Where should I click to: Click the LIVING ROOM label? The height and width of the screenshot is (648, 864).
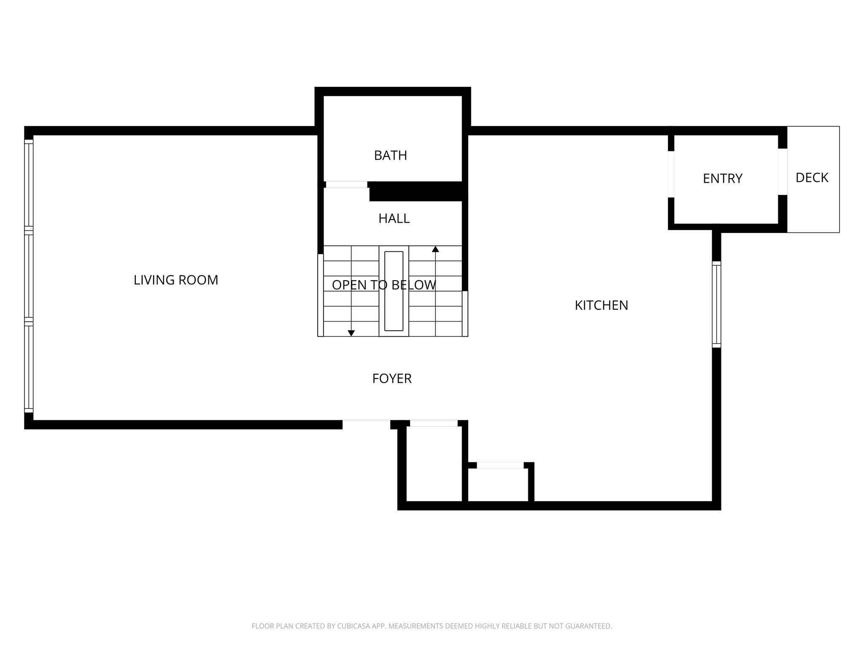tap(176, 280)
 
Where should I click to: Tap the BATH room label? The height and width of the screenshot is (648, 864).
tap(390, 156)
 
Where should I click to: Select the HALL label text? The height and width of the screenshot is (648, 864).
tap(394, 219)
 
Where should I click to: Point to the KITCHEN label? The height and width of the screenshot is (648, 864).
tap(601, 305)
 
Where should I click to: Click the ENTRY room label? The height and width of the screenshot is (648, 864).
tap(722, 179)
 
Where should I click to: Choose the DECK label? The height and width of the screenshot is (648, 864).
tap(812, 178)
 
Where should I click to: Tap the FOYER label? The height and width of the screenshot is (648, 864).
tap(391, 379)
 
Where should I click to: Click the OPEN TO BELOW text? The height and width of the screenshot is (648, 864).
tap(383, 285)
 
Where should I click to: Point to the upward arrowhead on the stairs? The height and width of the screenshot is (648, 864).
tap(435, 249)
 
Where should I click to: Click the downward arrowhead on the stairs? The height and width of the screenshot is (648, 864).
tap(351, 333)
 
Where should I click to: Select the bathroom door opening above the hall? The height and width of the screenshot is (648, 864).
tap(346, 185)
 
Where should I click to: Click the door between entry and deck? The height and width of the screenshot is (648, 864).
tap(783, 172)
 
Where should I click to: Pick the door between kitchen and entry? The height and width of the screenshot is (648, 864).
tap(671, 174)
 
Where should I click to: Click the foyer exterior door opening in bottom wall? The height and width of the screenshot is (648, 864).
tap(366, 424)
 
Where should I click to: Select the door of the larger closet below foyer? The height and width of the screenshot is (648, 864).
tap(434, 424)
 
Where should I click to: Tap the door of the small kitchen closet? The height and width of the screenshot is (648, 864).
tap(500, 465)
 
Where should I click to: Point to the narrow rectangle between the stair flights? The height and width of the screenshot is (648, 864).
tap(394, 291)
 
